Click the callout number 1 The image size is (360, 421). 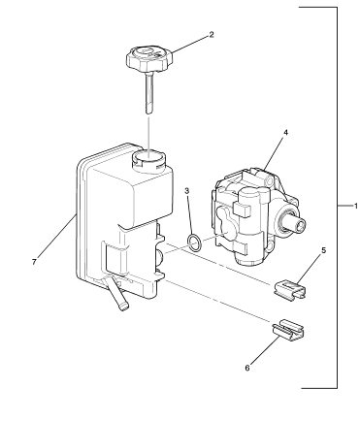(x=356, y=206)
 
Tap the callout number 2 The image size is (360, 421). (x=212, y=35)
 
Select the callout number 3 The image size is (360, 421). (x=187, y=191)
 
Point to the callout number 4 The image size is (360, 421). (x=285, y=132)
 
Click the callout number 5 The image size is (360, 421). (x=323, y=250)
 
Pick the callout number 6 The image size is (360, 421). (x=247, y=368)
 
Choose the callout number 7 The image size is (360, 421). (x=34, y=262)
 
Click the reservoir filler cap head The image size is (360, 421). (x=149, y=59)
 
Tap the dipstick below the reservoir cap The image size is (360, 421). (x=148, y=93)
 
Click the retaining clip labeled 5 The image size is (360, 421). (x=289, y=289)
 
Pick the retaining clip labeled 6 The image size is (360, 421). (x=289, y=330)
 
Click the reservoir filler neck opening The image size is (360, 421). (x=148, y=158)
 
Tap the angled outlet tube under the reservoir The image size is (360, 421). (x=115, y=294)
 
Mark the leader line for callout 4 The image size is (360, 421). (x=275, y=153)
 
